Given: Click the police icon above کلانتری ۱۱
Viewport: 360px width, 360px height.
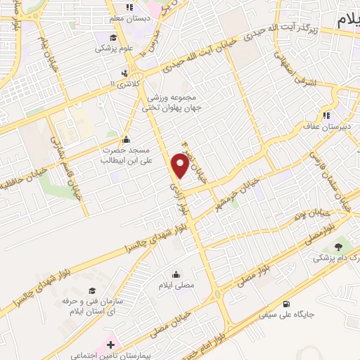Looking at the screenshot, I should click(x=124, y=72).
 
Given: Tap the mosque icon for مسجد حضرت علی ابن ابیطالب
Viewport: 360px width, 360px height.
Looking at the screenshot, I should click(x=126, y=139).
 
